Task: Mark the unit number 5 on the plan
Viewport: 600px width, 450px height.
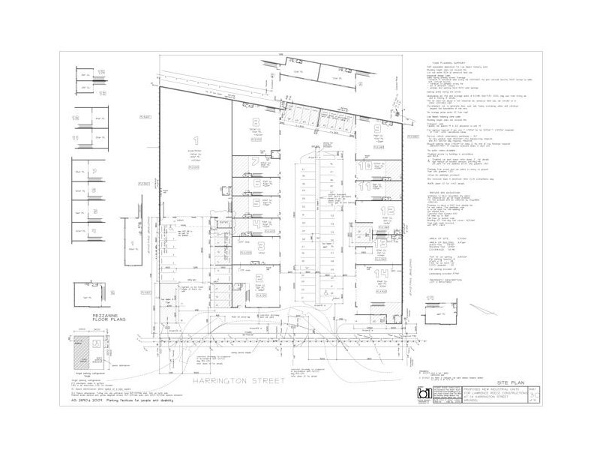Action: click(x=256, y=204)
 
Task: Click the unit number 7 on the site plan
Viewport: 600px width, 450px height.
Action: click(x=256, y=161)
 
